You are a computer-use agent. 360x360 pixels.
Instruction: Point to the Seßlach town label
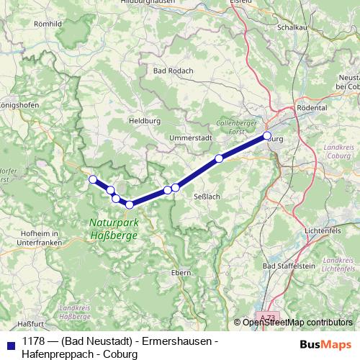[207, 196]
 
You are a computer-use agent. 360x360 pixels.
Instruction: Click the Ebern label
[180, 272]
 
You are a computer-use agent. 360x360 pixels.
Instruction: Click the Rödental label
[312, 107]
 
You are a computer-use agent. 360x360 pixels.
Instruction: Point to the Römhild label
[47, 24]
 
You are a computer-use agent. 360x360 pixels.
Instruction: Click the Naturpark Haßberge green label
[114, 229]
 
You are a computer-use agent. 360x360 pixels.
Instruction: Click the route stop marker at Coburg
[267, 135]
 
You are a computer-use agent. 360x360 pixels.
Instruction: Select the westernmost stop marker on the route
[92, 179]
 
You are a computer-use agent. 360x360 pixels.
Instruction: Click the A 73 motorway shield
[267, 318]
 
